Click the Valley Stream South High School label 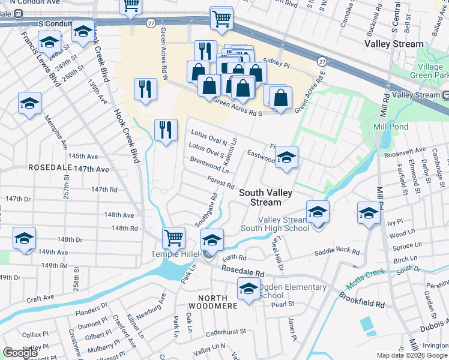275,224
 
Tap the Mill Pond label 391,127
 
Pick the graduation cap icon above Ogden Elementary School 249,288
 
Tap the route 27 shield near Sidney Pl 322,62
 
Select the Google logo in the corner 20,353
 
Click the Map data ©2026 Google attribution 411,355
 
